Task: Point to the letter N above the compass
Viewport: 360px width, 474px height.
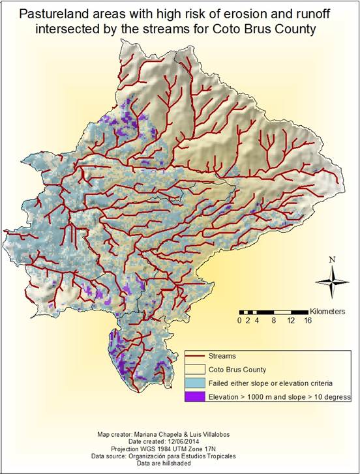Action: [332, 259]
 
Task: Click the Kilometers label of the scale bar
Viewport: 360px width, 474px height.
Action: [327, 312]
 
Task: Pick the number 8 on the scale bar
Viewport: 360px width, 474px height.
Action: [274, 321]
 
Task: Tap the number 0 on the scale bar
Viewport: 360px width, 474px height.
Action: [241, 321]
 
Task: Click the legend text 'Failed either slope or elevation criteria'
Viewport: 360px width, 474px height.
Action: [269, 383]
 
